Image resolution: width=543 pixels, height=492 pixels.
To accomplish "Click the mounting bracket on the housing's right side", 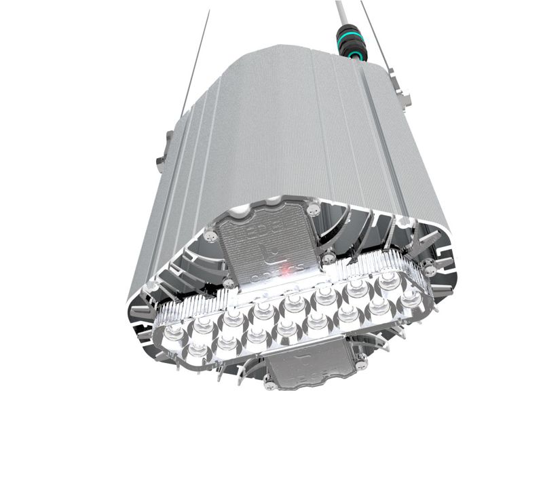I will pos(405,96).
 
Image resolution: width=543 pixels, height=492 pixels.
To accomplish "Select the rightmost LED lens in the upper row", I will pos(389,280).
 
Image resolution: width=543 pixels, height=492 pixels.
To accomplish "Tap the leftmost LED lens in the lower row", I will pos(197,349).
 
